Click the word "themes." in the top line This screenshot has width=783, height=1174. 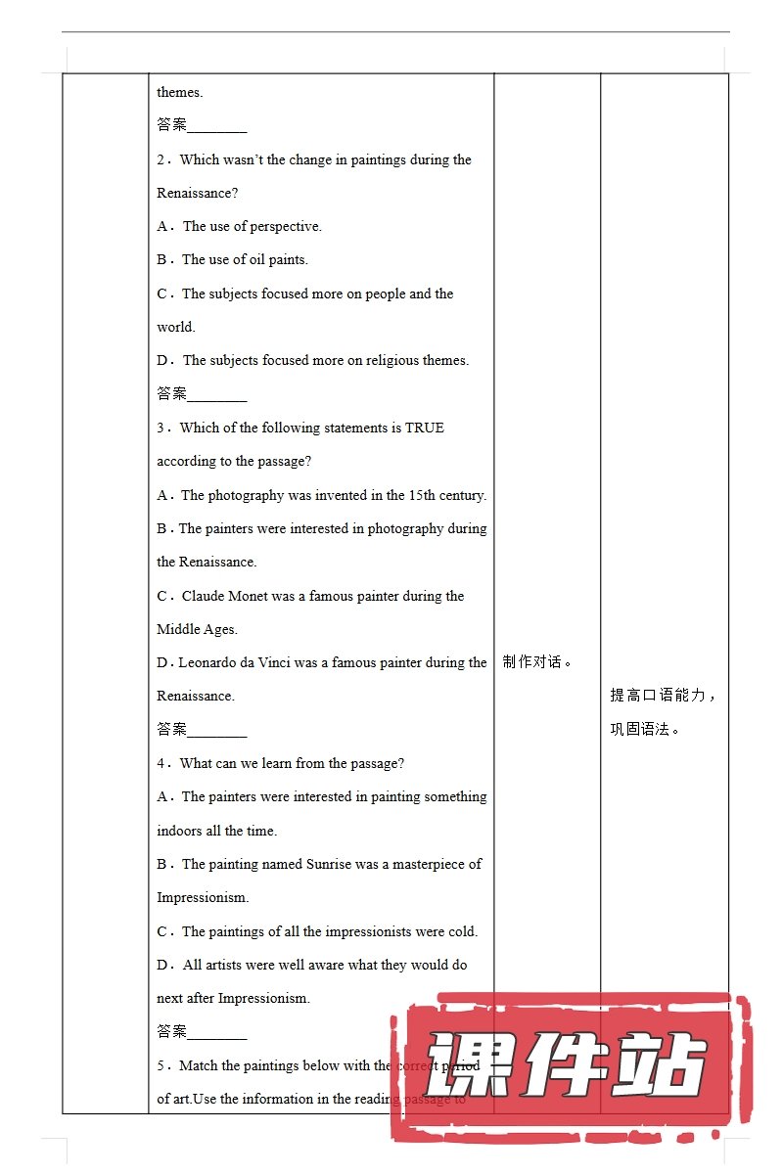point(180,93)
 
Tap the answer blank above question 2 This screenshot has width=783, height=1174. point(216,126)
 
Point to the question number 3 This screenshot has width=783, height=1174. point(161,429)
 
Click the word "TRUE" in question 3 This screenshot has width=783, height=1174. point(424,429)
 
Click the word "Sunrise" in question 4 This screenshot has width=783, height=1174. point(328,865)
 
